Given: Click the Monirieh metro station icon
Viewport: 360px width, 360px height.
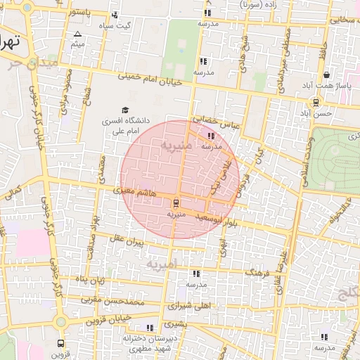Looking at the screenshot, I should coord(176,204).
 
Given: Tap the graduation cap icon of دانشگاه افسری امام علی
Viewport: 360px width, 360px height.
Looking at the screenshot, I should coord(125,110).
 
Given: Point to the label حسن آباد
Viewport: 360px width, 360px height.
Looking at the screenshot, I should coord(315,112).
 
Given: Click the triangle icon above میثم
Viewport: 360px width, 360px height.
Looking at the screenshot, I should coord(77,34).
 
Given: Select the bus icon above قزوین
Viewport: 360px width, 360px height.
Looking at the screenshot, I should coord(61,344).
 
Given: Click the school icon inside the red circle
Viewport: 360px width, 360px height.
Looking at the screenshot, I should coord(212,136).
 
